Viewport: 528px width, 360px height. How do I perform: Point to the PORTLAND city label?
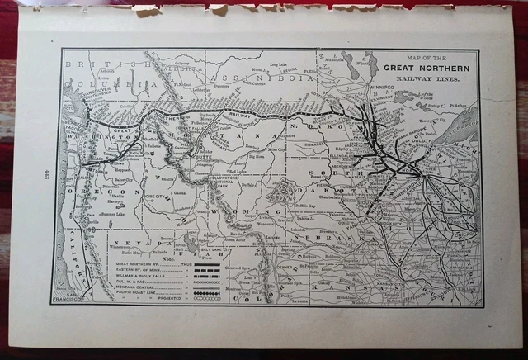click(82, 157)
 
